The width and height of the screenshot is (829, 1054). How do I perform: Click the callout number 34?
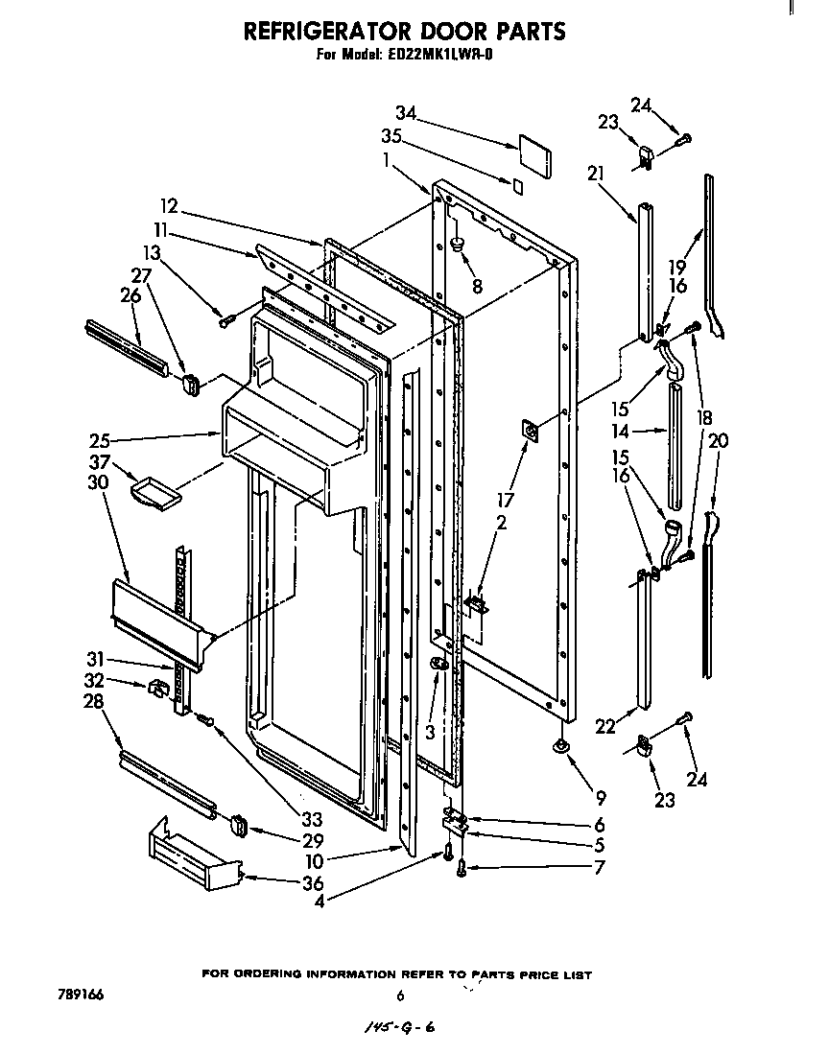coord(405,114)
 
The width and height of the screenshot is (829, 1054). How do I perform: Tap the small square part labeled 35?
coord(518,184)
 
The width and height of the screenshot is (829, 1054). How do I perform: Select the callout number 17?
coord(505,500)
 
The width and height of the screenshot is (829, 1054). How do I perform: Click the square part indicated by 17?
coord(530,433)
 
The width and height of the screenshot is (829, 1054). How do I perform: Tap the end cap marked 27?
coord(190,385)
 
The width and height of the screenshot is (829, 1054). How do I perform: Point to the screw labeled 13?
coord(226,321)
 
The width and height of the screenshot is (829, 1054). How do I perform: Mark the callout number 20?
coord(718,440)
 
